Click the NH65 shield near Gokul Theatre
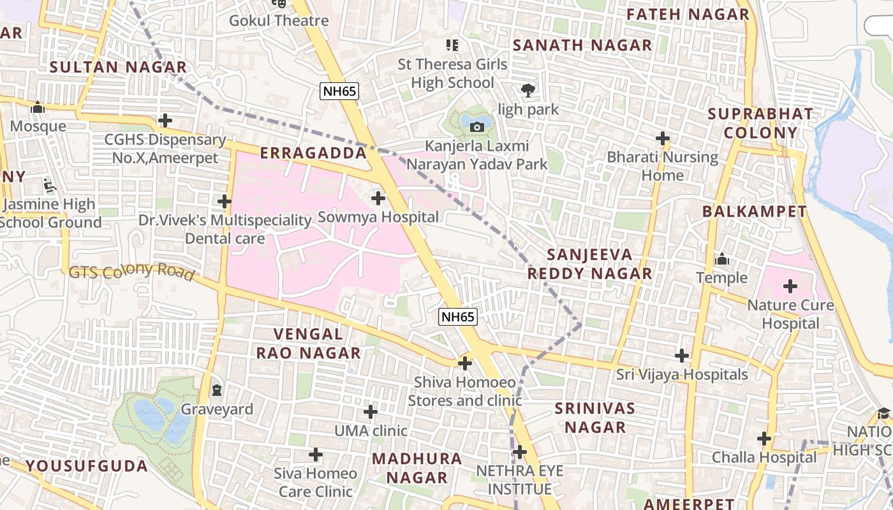coord(339,91)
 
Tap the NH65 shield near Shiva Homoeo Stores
coord(458,316)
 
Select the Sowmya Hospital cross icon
coord(378,198)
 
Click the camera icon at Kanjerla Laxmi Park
coord(476,127)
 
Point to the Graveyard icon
coord(217,390)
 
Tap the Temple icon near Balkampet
coord(722,259)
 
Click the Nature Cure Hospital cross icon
coord(790,286)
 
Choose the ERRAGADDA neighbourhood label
coord(313,153)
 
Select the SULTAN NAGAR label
coord(118,67)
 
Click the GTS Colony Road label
coord(131,272)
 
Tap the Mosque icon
coord(38,107)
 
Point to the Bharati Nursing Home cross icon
coord(663,138)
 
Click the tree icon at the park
coord(528,91)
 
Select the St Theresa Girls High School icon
coord(452,45)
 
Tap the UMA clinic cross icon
coord(371,412)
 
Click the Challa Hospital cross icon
coord(764,439)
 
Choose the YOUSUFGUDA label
coord(87,465)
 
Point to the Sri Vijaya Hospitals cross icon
coord(682,356)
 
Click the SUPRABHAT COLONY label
coord(760,124)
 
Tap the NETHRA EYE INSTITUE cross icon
coord(520,453)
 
